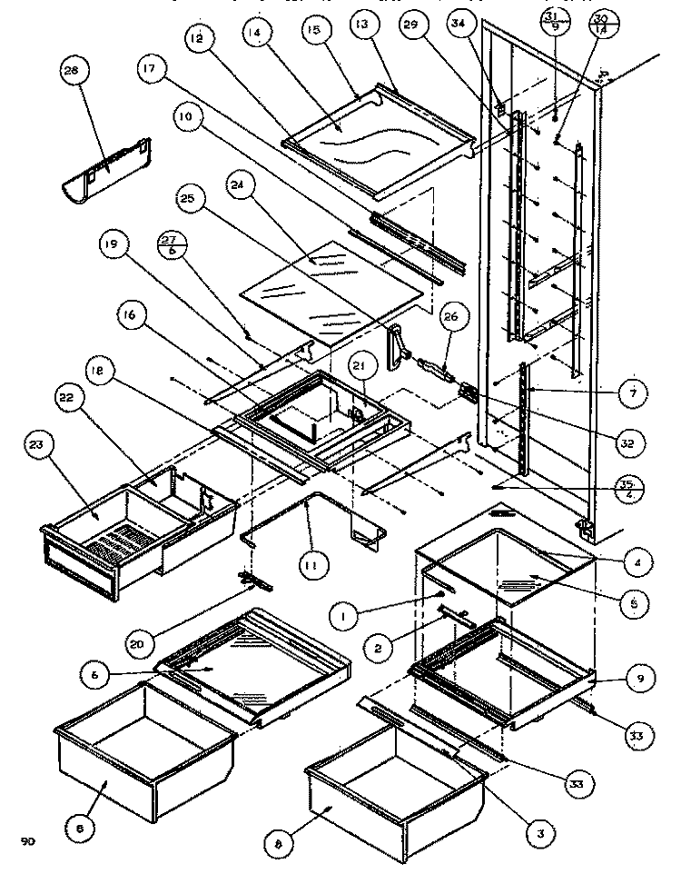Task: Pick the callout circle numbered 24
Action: point(240,188)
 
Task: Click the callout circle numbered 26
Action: point(451,317)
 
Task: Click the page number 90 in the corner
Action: point(28,841)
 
